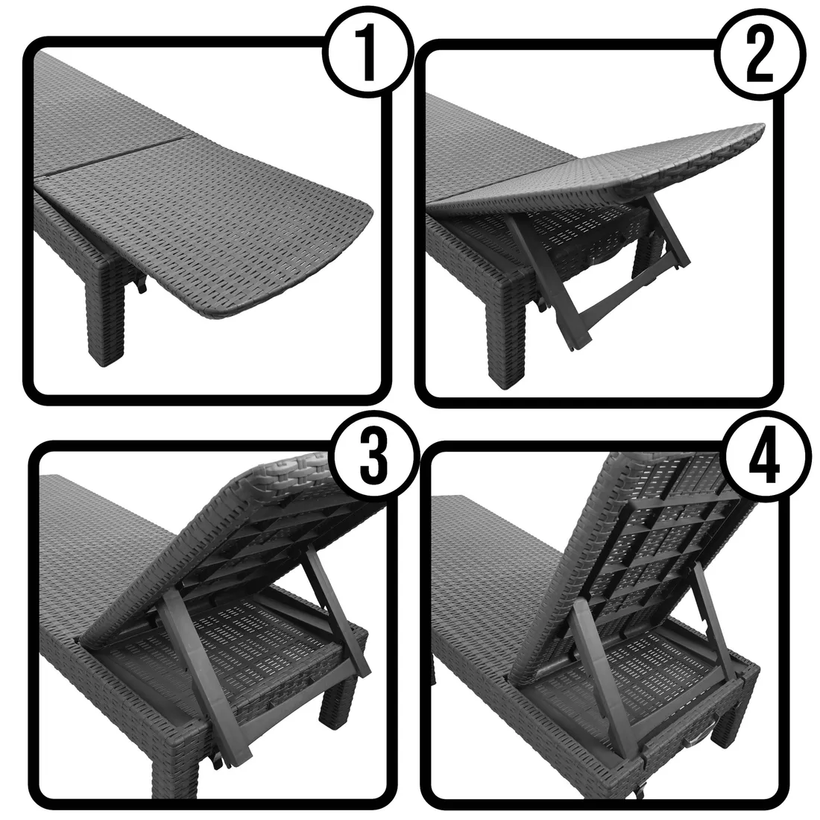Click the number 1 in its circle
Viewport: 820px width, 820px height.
click(x=368, y=54)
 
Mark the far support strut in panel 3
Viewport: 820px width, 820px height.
click(x=334, y=612)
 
